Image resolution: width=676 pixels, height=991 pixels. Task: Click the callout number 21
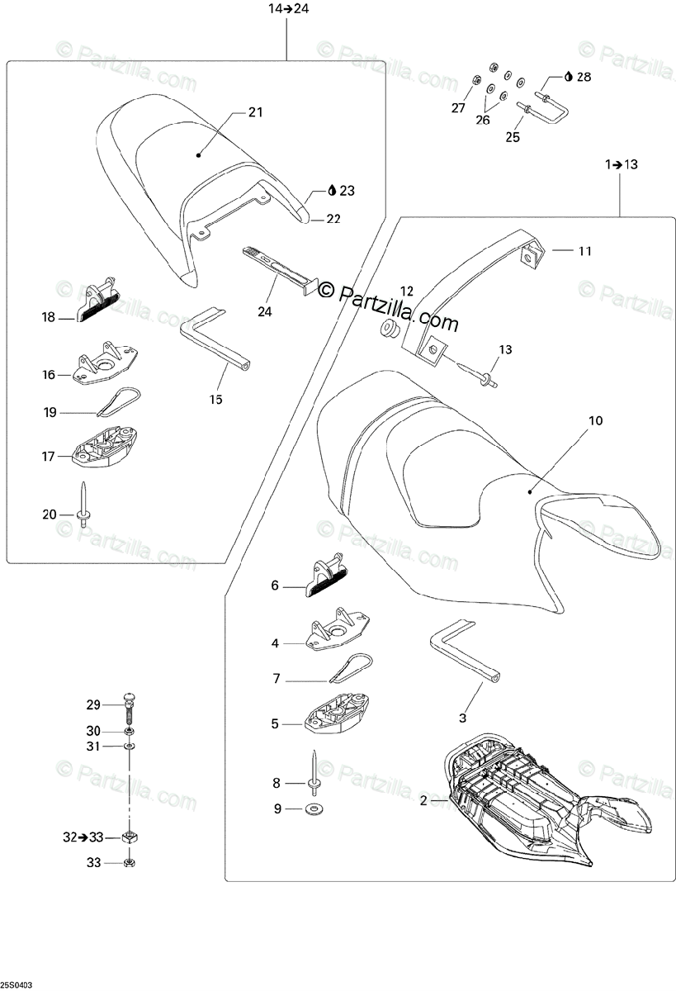255,112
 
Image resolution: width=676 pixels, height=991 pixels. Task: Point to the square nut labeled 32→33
130,837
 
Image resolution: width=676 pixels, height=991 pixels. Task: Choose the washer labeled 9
316,808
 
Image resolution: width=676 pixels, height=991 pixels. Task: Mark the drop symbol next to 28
570,77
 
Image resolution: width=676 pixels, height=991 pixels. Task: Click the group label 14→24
287,10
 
